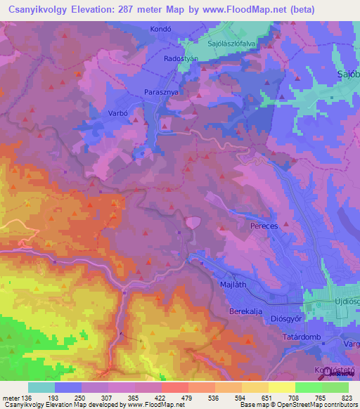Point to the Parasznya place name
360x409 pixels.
click(164, 92)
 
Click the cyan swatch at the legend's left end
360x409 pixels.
click(41, 387)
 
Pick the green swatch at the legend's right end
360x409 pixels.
click(335, 387)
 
